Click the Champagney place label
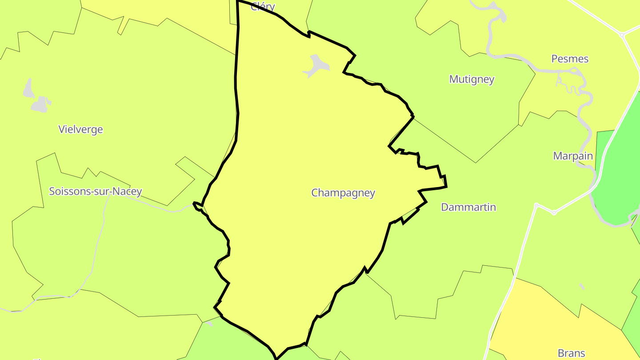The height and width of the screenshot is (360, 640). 343,193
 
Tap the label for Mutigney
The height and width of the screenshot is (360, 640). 472,79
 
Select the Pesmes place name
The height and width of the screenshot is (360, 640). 570,59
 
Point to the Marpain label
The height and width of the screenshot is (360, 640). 573,156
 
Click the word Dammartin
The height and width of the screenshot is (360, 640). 468,207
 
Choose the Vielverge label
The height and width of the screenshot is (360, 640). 80,129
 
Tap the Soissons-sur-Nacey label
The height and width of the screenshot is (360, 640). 96,192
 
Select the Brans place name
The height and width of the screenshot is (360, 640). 572,353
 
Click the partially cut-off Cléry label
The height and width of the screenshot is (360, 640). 263,6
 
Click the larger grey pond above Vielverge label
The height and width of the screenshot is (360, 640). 40,104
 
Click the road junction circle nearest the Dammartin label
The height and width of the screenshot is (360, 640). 536,205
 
